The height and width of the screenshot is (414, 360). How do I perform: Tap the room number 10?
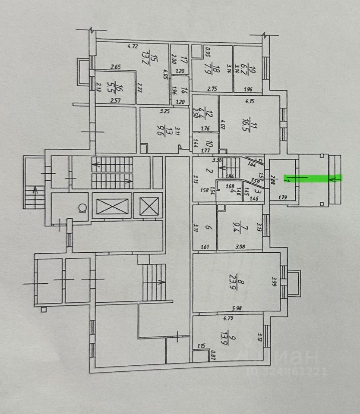point(208,143)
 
